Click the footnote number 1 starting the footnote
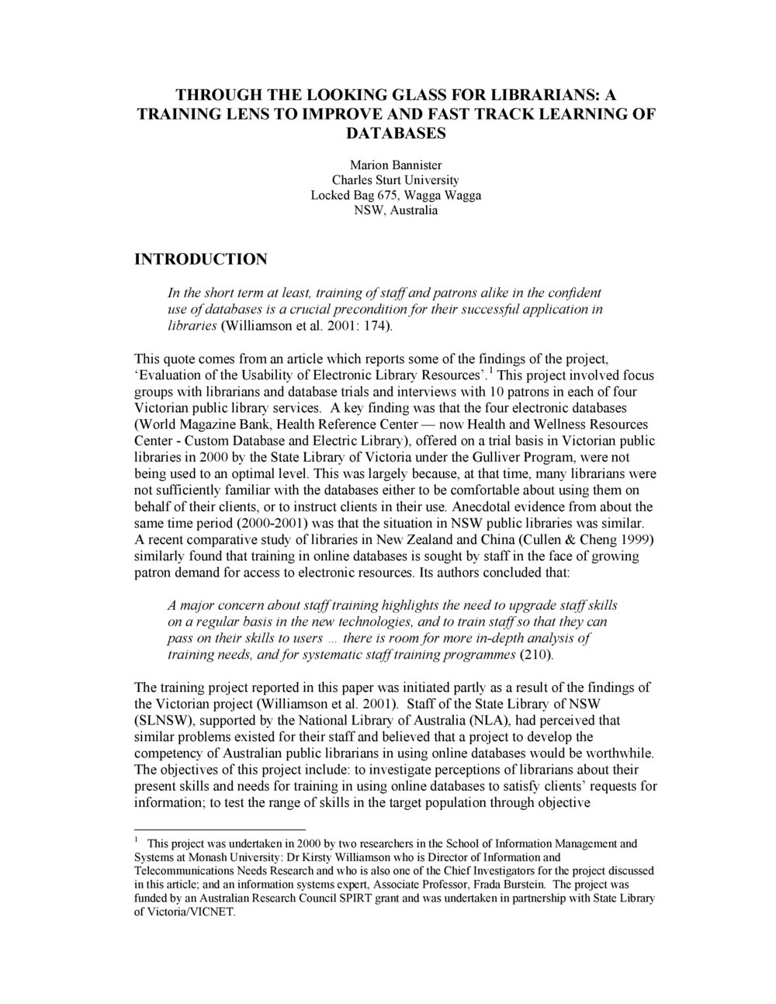pos(137,840)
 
